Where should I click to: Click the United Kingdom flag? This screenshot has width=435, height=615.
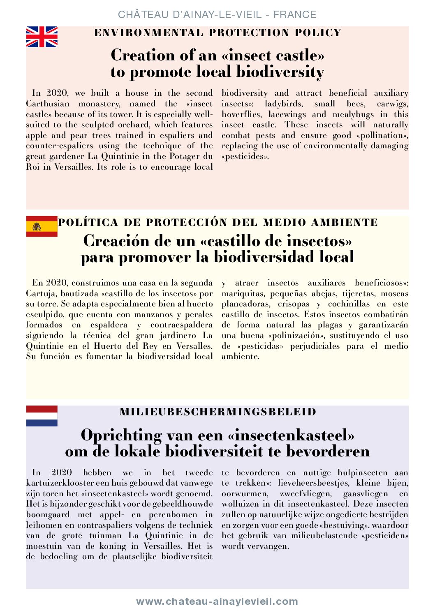tap(42, 37)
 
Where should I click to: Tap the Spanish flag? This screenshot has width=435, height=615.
tap(42, 226)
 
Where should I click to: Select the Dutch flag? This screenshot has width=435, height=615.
tap(42, 416)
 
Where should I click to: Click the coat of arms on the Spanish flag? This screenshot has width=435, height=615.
tap(37, 226)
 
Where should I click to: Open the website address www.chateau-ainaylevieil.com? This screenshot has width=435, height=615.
tap(217, 601)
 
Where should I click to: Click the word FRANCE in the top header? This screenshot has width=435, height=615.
tap(295, 15)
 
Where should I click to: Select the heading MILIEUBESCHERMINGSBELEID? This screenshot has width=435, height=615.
tap(218, 412)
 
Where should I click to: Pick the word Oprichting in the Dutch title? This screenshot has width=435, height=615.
tap(121, 435)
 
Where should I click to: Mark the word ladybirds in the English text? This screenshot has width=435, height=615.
tap(283, 104)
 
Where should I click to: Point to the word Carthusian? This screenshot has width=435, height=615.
tap(48, 104)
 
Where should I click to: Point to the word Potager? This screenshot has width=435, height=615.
tap(183, 157)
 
